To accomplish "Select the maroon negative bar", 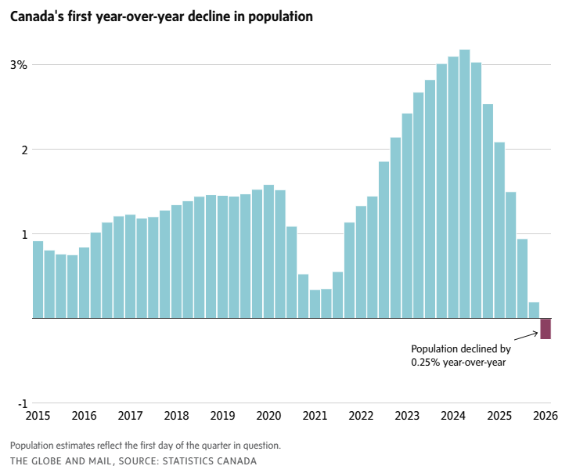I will (x=546, y=329).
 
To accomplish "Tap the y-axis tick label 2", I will (x=24, y=150).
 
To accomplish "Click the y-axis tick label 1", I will (x=24, y=234).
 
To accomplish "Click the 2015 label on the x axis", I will (x=38, y=416).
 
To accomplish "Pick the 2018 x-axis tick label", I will (x=176, y=416).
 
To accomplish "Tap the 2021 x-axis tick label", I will (x=315, y=416).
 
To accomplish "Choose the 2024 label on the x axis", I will (x=453, y=416).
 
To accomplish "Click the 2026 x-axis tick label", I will (x=546, y=416).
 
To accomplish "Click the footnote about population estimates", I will (x=146, y=445).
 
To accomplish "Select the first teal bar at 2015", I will (x=38, y=280).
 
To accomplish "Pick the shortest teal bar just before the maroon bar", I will (x=534, y=310).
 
